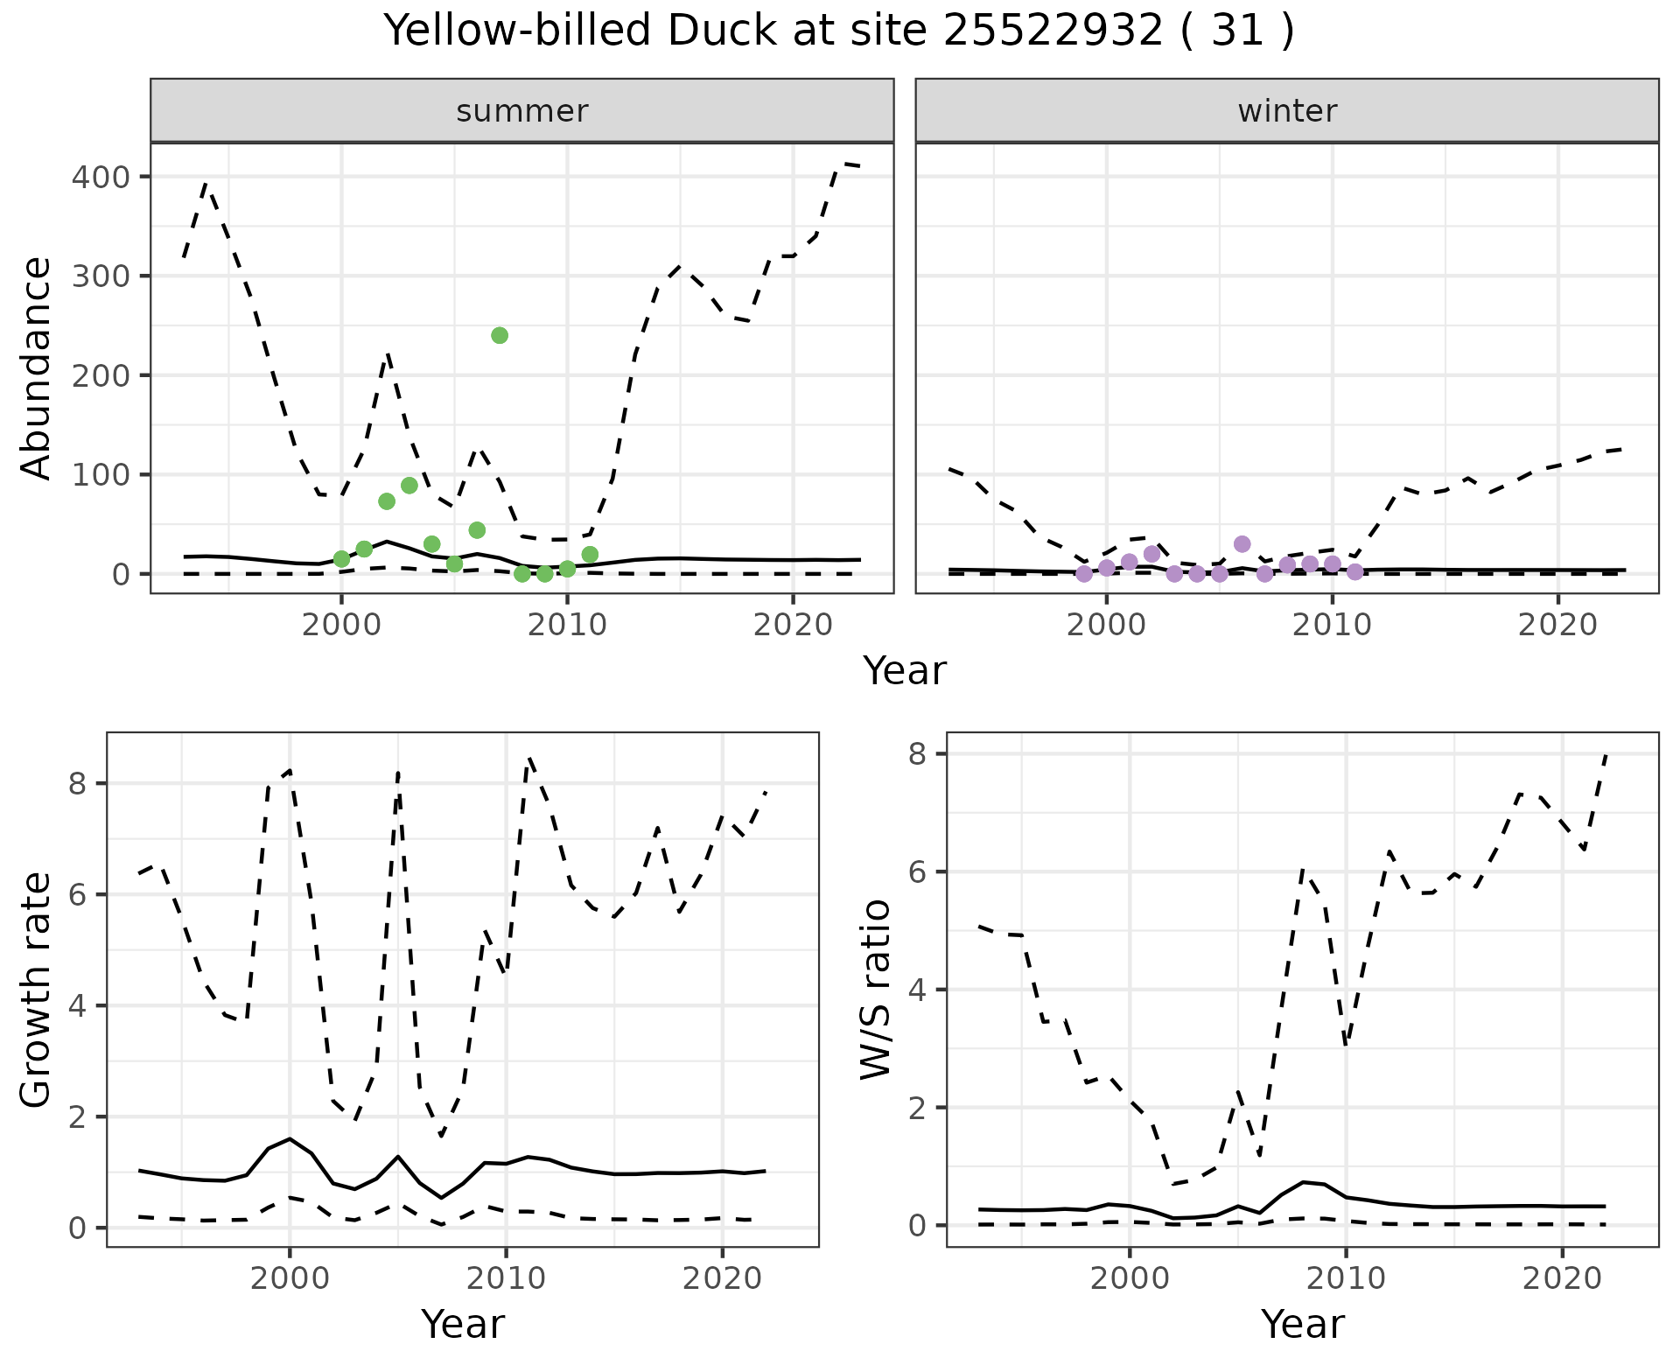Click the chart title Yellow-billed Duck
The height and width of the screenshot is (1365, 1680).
(838, 31)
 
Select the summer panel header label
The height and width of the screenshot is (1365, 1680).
(522, 111)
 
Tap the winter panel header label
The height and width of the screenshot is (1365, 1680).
(1287, 111)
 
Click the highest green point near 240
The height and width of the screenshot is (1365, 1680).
(500, 335)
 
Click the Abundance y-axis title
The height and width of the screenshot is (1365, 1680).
(37, 368)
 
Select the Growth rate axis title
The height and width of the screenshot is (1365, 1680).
(37, 990)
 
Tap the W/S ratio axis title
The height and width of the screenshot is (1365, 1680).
(875, 990)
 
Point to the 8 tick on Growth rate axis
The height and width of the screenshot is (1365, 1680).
(78, 784)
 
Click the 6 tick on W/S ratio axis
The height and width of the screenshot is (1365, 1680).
(918, 872)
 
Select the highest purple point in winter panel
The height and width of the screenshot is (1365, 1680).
(1242, 544)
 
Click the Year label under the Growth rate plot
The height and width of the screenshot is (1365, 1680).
(463, 1324)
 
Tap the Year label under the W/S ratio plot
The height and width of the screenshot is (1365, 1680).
(1302, 1324)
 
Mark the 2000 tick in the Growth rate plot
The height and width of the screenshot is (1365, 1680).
(290, 1278)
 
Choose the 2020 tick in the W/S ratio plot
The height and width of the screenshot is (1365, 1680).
(1562, 1278)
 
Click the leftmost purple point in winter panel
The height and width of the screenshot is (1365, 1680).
(1084, 574)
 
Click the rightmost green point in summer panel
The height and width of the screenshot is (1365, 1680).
(590, 555)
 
